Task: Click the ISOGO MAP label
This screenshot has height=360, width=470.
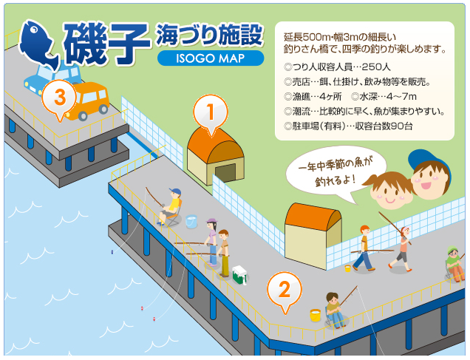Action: pyautogui.click(x=210, y=59)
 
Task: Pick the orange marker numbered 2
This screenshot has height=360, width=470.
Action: pyautogui.click(x=284, y=289)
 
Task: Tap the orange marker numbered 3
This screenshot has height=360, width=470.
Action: pyautogui.click(x=59, y=97)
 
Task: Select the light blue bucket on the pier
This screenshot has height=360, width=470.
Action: pyautogui.click(x=191, y=221)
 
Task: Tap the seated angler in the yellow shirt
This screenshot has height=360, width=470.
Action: pyautogui.click(x=171, y=206)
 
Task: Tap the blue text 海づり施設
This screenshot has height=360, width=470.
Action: pyautogui.click(x=210, y=34)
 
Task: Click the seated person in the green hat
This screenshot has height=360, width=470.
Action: pyautogui.click(x=453, y=264)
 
